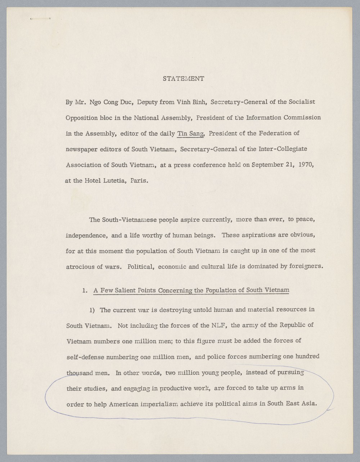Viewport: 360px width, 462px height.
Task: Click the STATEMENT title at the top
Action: tap(184, 79)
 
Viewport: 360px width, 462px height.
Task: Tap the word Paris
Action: tap(139, 181)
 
